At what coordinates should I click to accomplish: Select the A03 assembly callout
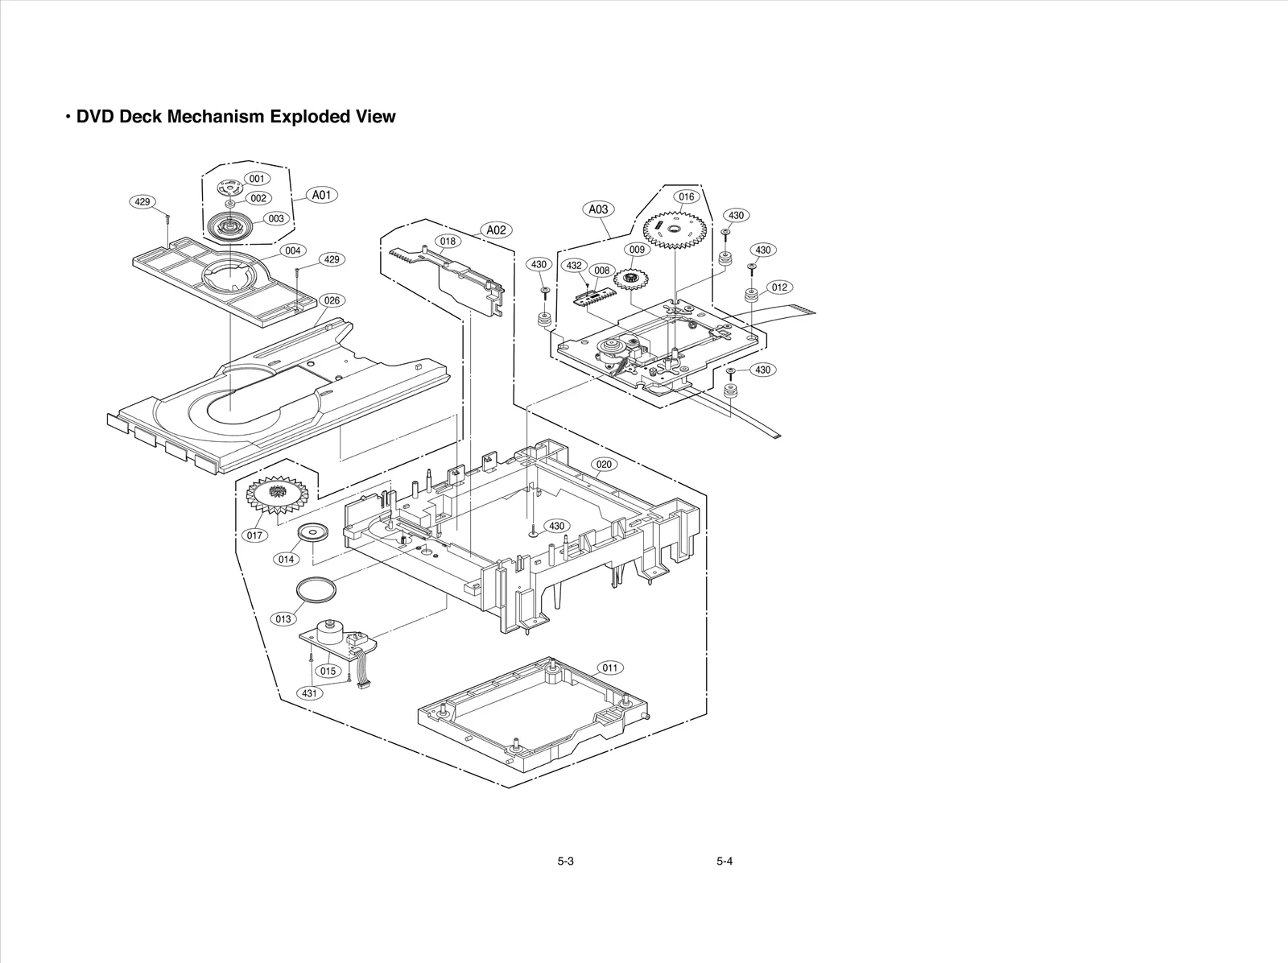(x=598, y=209)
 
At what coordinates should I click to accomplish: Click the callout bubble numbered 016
(x=686, y=196)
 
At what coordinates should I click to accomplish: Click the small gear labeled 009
(x=631, y=279)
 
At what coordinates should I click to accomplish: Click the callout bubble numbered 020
(x=605, y=465)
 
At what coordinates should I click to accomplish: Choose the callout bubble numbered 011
(x=610, y=667)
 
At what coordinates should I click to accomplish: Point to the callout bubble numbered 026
(x=332, y=300)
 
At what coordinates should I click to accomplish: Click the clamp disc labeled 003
(x=230, y=227)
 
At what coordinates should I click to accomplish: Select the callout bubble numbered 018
(x=448, y=241)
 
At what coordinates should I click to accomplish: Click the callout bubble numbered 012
(x=778, y=287)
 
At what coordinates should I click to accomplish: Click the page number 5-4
(x=724, y=862)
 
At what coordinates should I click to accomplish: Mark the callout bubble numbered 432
(x=574, y=265)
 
